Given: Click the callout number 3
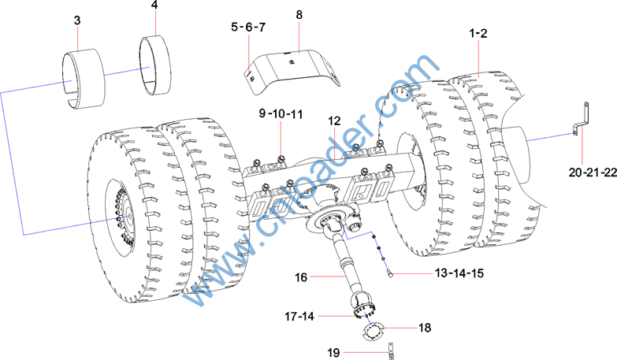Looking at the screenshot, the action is [x=77, y=20].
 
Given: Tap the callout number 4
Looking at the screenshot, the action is [x=154, y=5].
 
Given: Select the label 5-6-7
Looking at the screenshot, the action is [x=248, y=27].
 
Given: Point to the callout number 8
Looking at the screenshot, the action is [x=299, y=15].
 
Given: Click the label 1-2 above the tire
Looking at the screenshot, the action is [x=478, y=33].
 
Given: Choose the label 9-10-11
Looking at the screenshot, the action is [x=281, y=114].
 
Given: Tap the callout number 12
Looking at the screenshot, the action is [x=334, y=121].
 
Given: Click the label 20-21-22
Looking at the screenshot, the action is [x=593, y=172].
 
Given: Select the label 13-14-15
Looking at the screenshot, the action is [x=459, y=273].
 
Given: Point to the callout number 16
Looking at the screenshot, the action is [x=301, y=277].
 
